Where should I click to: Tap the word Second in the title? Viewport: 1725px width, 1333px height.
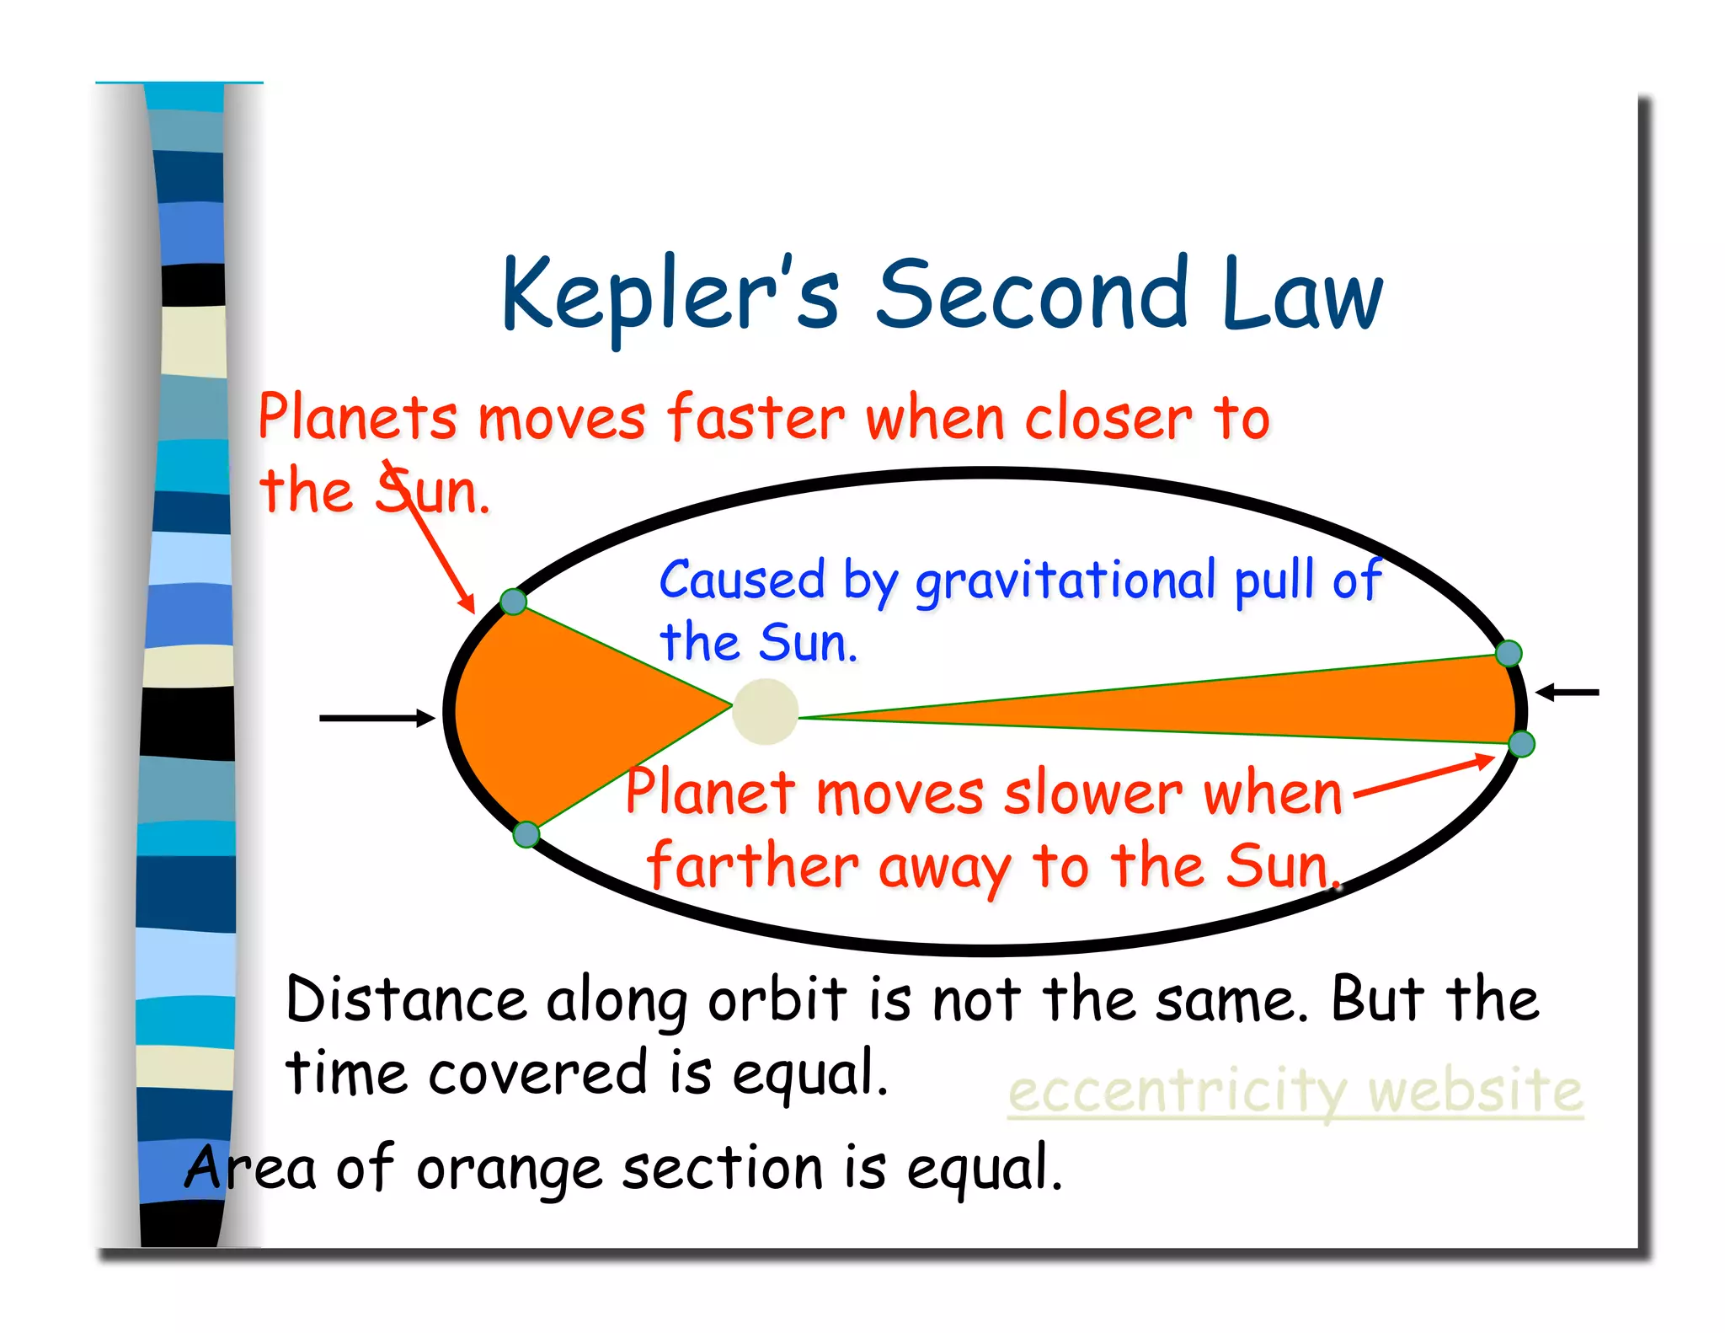(1032, 295)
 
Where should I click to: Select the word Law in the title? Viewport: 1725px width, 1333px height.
(1301, 295)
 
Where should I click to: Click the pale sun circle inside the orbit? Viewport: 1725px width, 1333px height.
(765, 713)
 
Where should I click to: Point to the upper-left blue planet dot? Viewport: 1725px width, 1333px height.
(513, 602)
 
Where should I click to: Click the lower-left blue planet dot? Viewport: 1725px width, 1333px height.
(526, 834)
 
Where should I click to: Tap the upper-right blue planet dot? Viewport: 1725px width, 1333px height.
(1509, 653)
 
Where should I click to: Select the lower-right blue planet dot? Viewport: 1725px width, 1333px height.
(1521, 744)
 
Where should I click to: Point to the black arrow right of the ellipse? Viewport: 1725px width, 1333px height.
(1567, 693)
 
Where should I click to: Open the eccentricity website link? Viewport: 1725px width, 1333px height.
(1295, 1092)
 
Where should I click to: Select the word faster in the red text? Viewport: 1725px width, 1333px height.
(756, 418)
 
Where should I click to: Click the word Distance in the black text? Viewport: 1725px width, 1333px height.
(406, 1000)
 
